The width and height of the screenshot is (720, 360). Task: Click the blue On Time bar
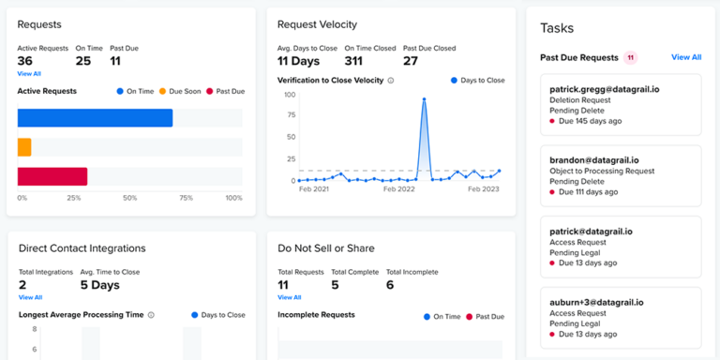point(95,118)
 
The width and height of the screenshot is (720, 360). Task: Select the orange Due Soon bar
point(24,147)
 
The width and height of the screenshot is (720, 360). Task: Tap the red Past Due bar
point(52,176)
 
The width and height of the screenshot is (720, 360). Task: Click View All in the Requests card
point(29,73)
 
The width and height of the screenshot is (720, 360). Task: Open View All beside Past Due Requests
point(685,57)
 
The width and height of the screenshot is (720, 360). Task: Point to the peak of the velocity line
point(425,98)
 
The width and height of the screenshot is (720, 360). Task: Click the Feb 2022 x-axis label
point(400,189)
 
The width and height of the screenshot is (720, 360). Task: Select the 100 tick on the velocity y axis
point(289,95)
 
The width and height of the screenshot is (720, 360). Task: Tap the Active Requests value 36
point(25,61)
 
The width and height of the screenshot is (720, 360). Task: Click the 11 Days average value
point(300,61)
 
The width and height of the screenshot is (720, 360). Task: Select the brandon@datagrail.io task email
point(593,160)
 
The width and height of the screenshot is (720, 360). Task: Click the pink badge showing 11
point(631,57)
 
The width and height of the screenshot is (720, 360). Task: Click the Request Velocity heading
point(317,24)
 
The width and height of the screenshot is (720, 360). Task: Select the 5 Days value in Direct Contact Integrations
point(100,285)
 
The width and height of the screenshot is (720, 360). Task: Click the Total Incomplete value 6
point(390,285)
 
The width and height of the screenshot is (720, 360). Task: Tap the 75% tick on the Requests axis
point(187,199)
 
